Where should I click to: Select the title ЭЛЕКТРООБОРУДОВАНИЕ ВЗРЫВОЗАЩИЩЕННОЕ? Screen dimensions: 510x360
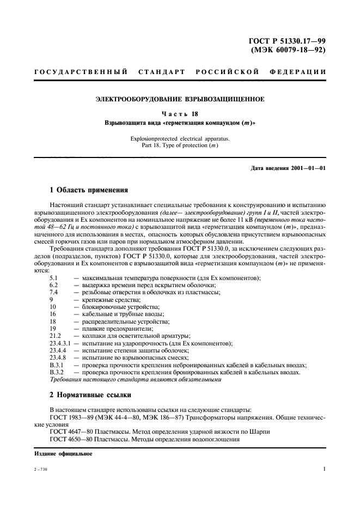tap(180, 99)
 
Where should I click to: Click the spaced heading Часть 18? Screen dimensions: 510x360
tap(180, 114)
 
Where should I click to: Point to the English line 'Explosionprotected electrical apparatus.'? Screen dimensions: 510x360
tap(180, 139)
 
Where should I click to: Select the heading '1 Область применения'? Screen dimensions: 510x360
tap(88, 190)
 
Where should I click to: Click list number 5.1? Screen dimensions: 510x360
tap(54, 278)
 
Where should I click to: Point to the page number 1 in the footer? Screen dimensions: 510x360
tap(324, 468)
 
